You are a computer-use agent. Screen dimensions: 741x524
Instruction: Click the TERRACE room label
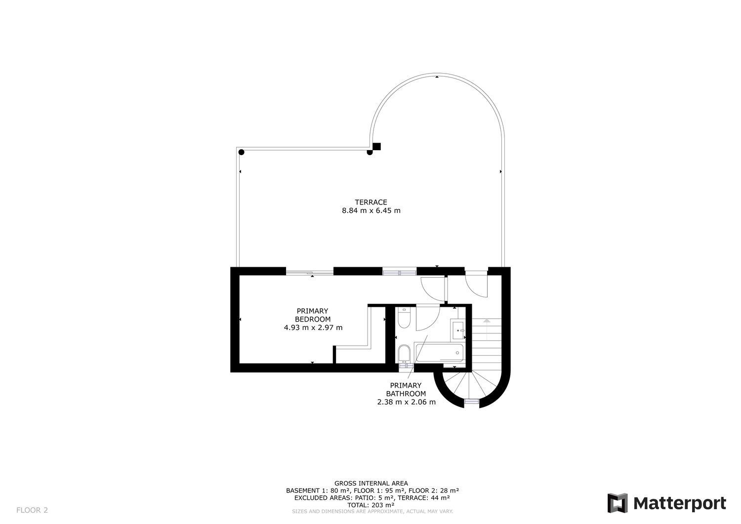click(x=371, y=202)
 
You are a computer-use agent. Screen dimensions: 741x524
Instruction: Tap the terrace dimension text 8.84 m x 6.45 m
click(x=371, y=211)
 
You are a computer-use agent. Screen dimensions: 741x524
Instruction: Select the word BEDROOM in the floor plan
click(x=313, y=319)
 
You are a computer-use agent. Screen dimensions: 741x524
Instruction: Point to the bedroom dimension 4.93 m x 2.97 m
click(x=313, y=328)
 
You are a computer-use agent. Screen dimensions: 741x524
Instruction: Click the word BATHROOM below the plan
click(x=406, y=394)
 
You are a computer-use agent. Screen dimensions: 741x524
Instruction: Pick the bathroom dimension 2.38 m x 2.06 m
click(x=406, y=403)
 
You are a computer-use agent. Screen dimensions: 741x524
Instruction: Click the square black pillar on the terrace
click(x=377, y=147)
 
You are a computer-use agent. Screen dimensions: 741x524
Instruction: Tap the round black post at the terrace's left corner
click(x=242, y=152)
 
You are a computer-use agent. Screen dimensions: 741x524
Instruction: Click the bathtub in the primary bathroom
click(x=439, y=353)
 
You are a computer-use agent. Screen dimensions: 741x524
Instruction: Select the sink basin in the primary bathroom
click(x=458, y=330)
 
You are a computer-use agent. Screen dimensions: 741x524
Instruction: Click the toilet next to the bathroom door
click(x=404, y=318)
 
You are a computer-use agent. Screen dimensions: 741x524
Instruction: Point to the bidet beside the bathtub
click(x=404, y=354)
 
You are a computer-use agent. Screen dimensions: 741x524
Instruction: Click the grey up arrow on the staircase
click(x=486, y=321)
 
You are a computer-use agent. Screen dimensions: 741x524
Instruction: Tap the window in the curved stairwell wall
click(x=472, y=402)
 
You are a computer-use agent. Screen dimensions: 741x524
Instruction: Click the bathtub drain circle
click(x=457, y=353)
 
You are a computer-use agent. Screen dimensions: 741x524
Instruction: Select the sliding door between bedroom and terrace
click(x=310, y=273)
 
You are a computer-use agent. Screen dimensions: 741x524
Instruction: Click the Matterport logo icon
click(x=617, y=503)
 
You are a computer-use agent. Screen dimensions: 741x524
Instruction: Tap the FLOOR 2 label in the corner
click(x=32, y=510)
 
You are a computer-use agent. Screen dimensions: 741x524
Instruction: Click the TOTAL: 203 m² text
click(x=371, y=505)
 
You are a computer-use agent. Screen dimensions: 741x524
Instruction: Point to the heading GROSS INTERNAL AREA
click(x=371, y=484)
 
